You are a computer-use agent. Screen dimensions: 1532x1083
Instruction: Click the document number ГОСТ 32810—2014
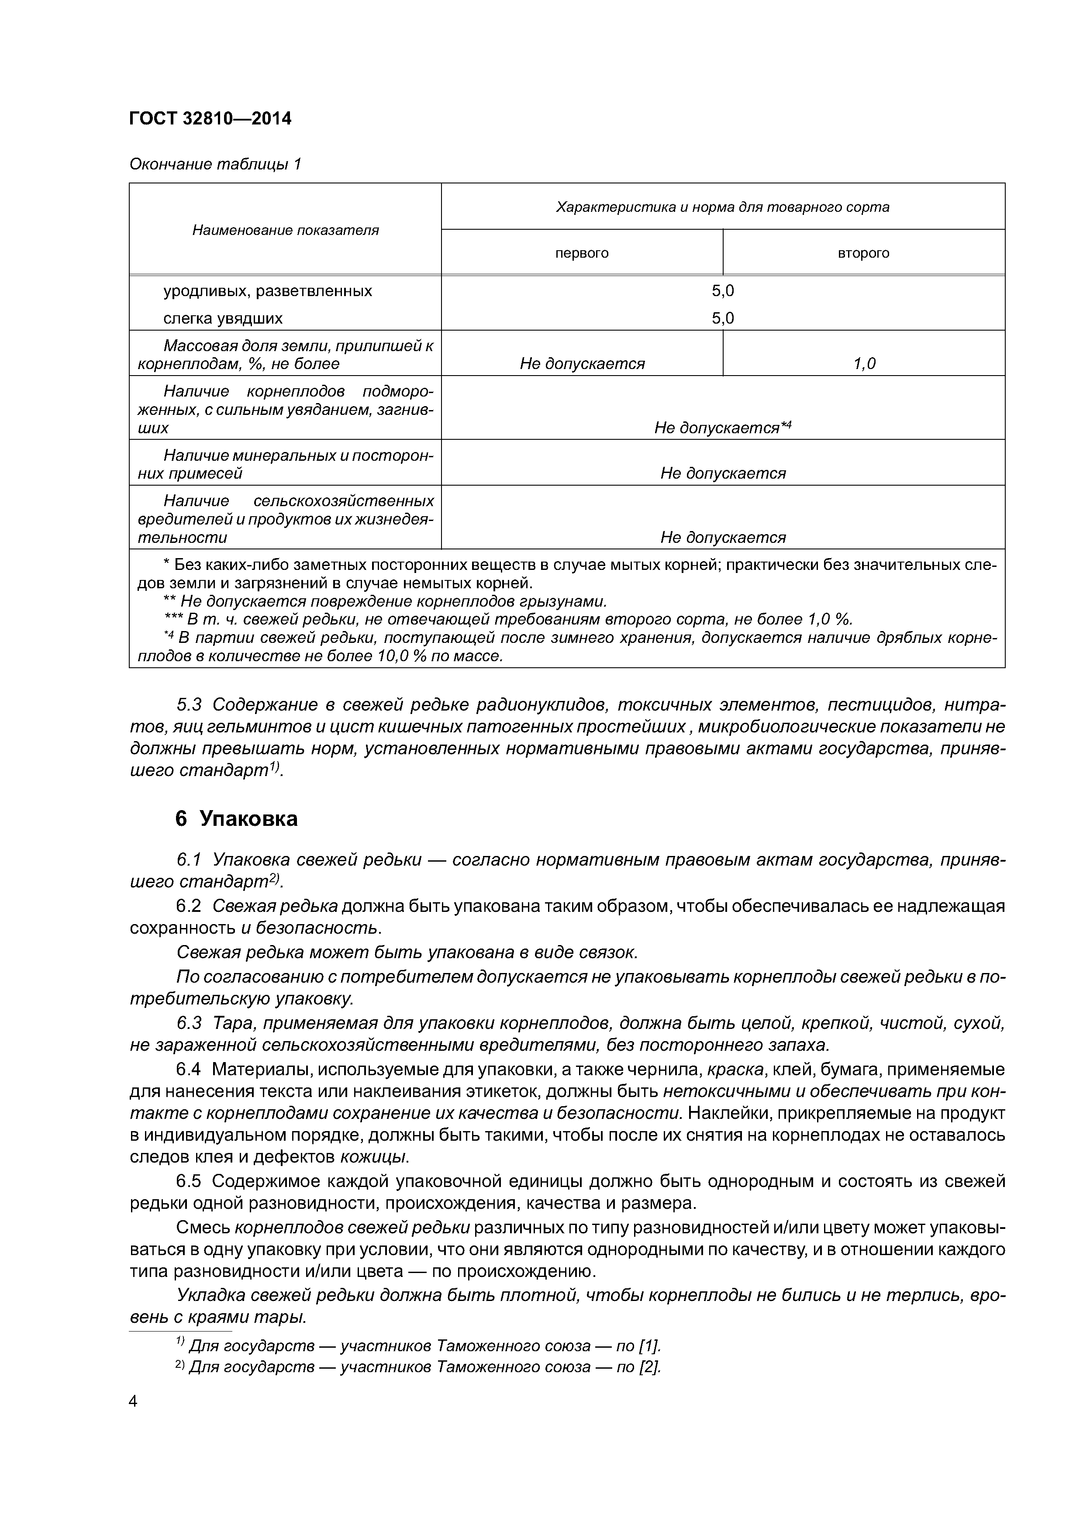point(210,119)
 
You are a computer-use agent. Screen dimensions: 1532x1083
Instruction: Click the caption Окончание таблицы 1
point(215,164)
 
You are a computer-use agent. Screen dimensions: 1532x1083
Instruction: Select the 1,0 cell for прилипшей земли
point(864,364)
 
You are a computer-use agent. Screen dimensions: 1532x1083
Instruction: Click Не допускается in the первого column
point(582,364)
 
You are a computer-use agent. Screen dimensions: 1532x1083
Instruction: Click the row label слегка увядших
point(223,318)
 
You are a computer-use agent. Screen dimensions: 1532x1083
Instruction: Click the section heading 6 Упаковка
point(236,819)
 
